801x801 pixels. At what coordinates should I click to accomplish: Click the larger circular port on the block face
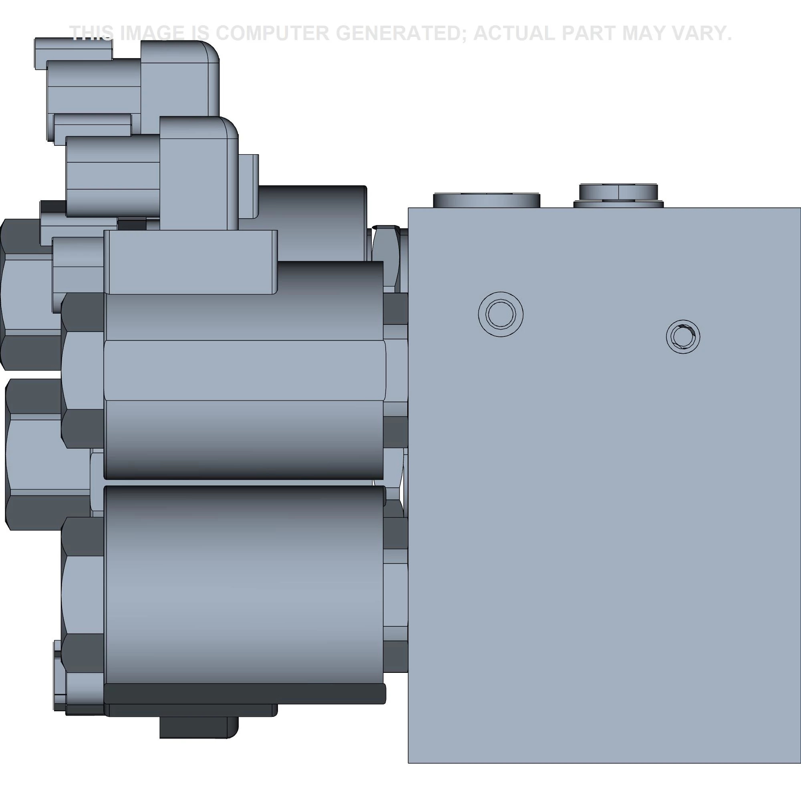(500, 314)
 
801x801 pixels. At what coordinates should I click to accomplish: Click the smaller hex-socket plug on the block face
(683, 336)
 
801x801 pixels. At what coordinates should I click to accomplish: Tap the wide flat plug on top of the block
(487, 200)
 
